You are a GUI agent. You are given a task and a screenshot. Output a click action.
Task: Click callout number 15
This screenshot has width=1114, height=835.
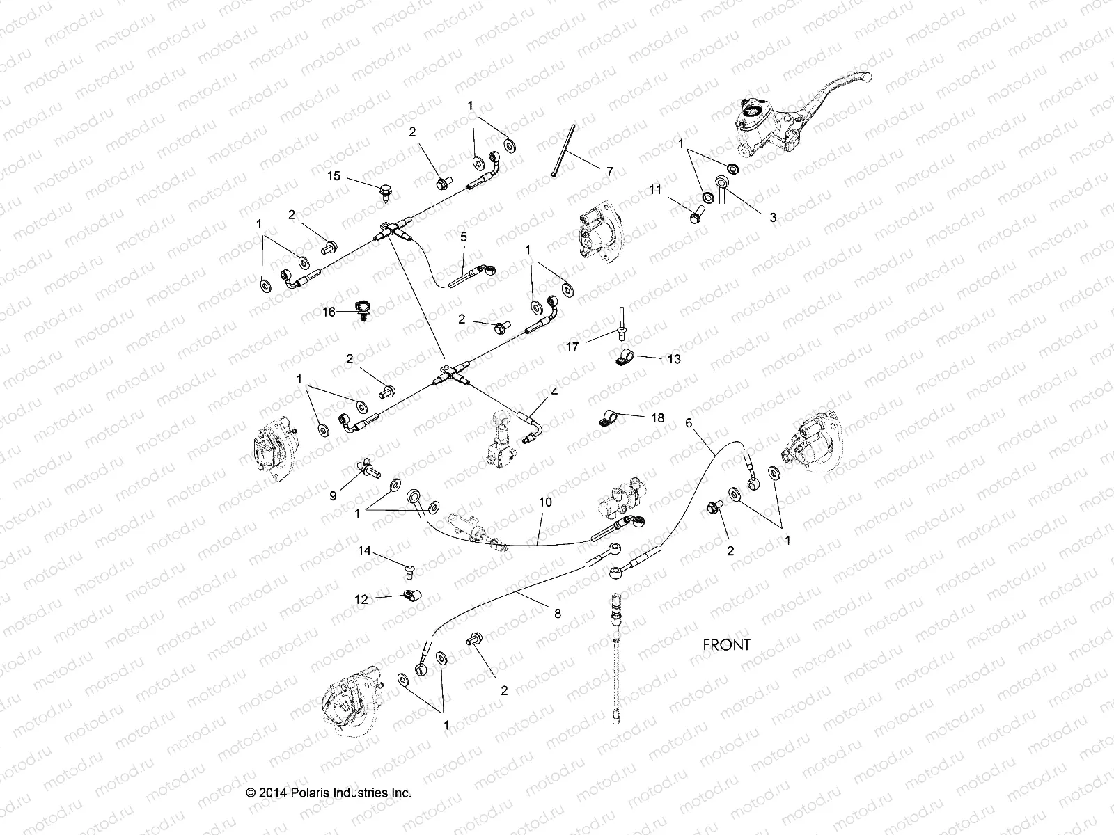[334, 175]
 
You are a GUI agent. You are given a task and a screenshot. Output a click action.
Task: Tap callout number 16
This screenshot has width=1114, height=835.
[329, 312]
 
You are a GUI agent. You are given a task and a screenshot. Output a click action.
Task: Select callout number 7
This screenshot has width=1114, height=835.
[609, 170]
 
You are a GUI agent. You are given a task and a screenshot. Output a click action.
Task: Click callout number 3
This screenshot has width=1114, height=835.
[772, 217]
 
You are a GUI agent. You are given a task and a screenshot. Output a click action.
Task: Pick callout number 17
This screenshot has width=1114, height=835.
[572, 347]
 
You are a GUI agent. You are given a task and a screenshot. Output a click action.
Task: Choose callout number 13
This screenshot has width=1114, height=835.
[673, 359]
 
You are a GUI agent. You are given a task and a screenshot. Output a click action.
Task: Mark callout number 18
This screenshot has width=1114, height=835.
[657, 417]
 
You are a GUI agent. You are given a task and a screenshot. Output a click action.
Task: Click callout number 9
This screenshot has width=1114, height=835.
[333, 495]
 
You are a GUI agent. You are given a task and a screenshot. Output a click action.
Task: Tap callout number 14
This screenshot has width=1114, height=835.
[365, 550]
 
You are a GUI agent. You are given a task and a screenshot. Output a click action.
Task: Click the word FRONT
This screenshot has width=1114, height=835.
[726, 644]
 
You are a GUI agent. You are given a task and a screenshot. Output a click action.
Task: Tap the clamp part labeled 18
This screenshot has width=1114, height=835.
[606, 418]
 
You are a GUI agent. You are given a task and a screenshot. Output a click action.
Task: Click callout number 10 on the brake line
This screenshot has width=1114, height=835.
[545, 501]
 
